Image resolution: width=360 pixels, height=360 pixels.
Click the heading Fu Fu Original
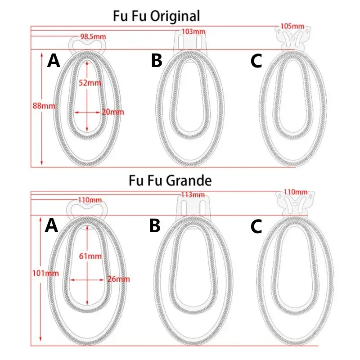pos(156,17)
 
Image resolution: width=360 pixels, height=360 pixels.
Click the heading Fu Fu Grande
pos(170,181)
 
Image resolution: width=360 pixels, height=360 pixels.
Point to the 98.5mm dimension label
pos(93,36)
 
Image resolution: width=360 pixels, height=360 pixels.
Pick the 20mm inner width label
pos(112,112)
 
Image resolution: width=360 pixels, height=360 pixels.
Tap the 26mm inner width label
pos(118,279)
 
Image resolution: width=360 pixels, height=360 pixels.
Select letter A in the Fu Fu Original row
pos(54,61)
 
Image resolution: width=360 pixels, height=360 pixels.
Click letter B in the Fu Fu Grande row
pos(155,226)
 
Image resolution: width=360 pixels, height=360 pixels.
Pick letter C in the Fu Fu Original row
pos(256,61)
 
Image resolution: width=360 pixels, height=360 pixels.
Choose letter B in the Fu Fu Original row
pos(156,60)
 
